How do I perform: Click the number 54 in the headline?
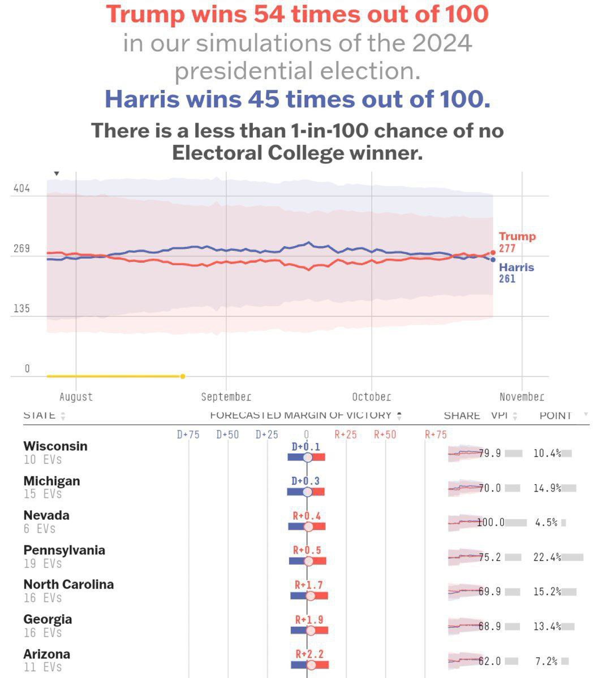pyautogui.click(x=272, y=14)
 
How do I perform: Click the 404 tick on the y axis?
pyautogui.click(x=21, y=189)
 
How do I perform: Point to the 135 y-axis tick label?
pyautogui.click(x=21, y=309)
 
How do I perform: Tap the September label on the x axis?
pyautogui.click(x=226, y=397)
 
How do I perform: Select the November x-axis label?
pyautogui.click(x=522, y=397)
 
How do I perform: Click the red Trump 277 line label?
pyautogui.click(x=517, y=242)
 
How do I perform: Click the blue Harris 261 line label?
pyautogui.click(x=516, y=272)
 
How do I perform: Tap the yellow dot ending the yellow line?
pyautogui.click(x=182, y=376)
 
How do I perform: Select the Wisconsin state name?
pyautogui.click(x=55, y=446)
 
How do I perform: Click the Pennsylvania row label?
pyautogui.click(x=64, y=550)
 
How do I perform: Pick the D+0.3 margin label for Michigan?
pyautogui.click(x=306, y=481)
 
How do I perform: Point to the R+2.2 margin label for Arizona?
pyautogui.click(x=309, y=654)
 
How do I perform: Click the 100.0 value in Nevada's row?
pyautogui.click(x=491, y=523)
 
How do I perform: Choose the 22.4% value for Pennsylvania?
pyautogui.click(x=547, y=557)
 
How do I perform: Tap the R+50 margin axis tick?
pyautogui.click(x=385, y=434)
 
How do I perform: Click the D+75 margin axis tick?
pyautogui.click(x=188, y=434)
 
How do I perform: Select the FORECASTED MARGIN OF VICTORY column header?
pyautogui.click(x=300, y=415)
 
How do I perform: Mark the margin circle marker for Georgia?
pyautogui.click(x=310, y=630)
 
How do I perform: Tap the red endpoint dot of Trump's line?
pyautogui.click(x=493, y=253)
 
